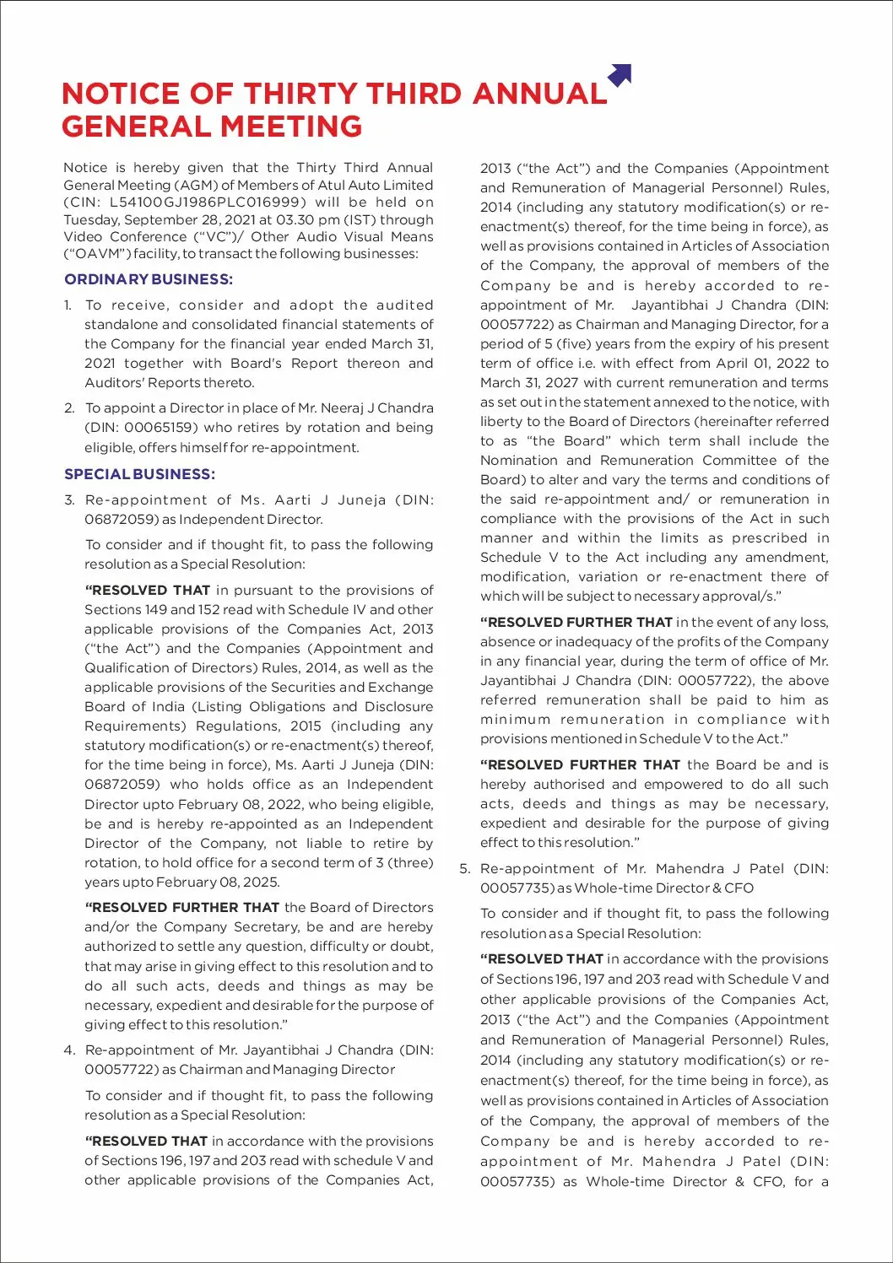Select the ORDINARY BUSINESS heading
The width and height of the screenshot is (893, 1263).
tap(149, 279)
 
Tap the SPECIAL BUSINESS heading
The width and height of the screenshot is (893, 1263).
tap(140, 474)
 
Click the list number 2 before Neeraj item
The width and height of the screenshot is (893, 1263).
tap(69, 408)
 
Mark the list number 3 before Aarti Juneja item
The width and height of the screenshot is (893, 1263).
tap(69, 500)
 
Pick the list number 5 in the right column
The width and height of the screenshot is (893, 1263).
tap(464, 869)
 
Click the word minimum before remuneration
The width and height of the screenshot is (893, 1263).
tap(515, 720)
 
